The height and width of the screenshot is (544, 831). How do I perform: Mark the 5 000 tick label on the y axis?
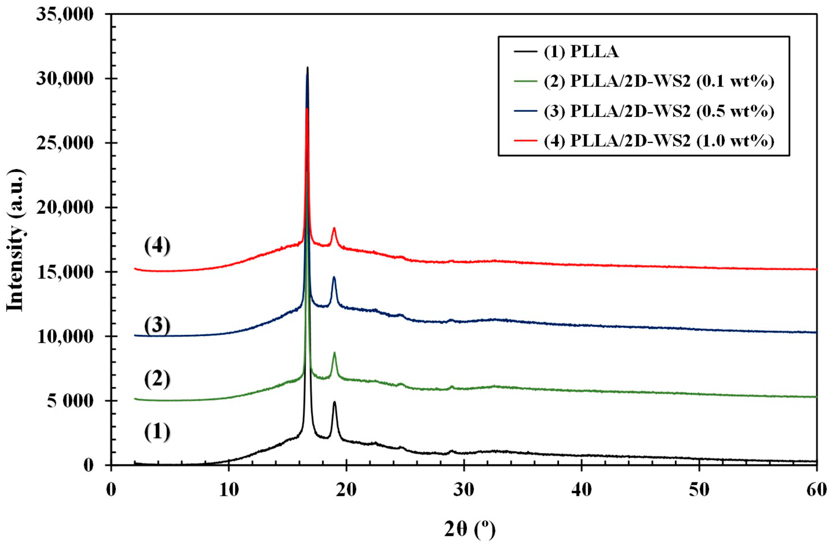click(65, 401)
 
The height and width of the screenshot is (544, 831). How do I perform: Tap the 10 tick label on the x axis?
click(228, 490)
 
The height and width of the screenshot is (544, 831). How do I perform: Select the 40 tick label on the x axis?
click(581, 490)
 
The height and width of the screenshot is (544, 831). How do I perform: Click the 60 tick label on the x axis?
click(816, 490)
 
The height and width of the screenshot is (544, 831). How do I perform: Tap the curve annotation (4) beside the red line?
click(157, 246)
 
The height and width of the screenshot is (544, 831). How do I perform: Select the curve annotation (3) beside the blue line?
click(157, 326)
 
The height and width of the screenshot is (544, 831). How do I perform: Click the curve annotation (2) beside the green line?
click(157, 380)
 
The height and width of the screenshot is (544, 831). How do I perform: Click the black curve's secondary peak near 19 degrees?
click(335, 402)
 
